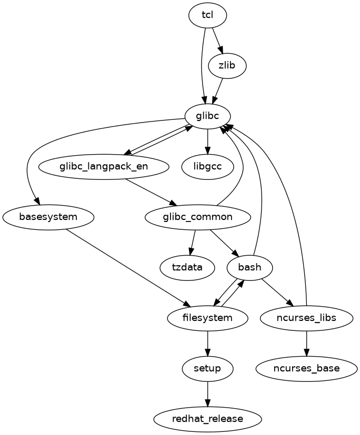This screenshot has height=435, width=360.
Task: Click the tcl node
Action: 207,15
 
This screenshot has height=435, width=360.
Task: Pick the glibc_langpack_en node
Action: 104,167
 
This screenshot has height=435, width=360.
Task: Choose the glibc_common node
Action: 198,217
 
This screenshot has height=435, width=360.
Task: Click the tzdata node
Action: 187,267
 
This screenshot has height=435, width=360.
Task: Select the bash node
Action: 249,267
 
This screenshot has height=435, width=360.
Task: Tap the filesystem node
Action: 207,318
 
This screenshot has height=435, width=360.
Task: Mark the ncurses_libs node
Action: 306,318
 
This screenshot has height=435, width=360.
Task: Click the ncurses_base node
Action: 306,368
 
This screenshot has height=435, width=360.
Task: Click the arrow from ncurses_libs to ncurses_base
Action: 306,343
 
